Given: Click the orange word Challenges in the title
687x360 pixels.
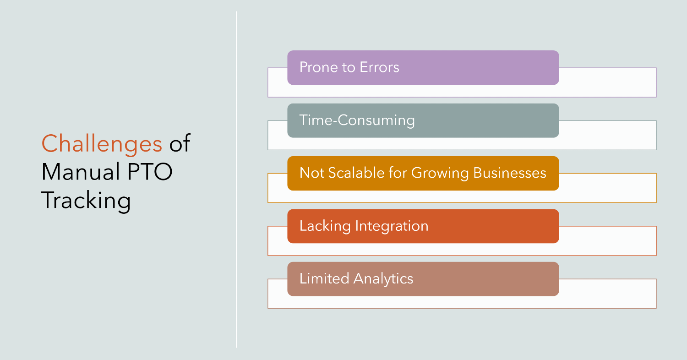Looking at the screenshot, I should click(x=102, y=144).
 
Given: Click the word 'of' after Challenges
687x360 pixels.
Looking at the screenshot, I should click(x=180, y=144).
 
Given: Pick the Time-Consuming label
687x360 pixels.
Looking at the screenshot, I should click(x=357, y=120).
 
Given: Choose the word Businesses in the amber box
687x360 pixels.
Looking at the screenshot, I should click(x=509, y=173).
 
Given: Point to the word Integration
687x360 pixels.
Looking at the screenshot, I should click(x=392, y=226).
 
